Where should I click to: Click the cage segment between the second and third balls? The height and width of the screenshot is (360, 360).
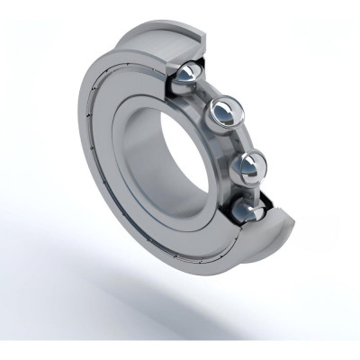(238, 140)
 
